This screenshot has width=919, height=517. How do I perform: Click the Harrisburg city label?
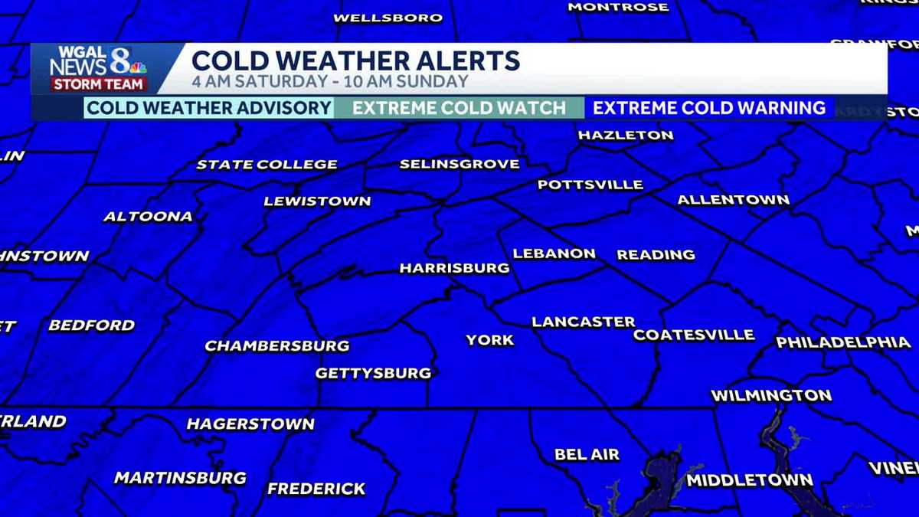point(454,268)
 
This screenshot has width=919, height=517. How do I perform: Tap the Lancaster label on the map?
point(584,322)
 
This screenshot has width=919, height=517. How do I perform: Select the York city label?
point(490,340)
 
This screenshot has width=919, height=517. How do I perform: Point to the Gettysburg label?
point(374,374)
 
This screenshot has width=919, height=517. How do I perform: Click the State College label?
point(267,165)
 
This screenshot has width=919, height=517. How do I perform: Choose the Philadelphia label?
point(843,342)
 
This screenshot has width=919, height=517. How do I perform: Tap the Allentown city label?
point(733,201)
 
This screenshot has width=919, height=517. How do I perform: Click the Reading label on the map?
point(656,254)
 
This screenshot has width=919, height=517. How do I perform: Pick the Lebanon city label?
point(554,254)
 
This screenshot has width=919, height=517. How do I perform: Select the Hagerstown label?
point(250,424)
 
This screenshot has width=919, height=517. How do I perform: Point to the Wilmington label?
point(771,396)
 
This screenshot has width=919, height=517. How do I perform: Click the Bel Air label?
point(587,454)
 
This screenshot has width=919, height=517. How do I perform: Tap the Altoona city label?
point(148,217)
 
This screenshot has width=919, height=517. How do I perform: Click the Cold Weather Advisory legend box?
point(208,108)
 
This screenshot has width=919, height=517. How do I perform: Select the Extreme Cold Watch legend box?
point(459,108)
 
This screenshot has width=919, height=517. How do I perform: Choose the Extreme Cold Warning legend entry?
point(709,108)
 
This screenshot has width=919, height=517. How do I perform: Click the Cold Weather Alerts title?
point(355,61)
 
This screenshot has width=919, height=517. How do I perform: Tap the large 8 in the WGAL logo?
point(120,59)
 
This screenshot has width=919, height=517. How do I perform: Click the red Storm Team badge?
point(87,84)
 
